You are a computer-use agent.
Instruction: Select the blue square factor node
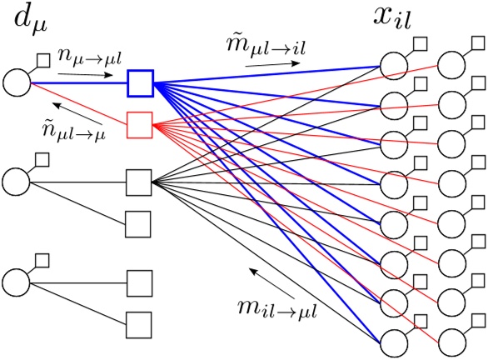tap(140, 83)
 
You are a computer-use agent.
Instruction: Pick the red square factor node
tap(140, 125)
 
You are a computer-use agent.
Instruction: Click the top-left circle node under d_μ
tap(17, 83)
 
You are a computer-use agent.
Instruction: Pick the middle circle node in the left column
tap(17, 181)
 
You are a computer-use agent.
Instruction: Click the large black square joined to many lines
tap(139, 181)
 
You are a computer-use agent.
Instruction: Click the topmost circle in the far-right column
tap(452, 65)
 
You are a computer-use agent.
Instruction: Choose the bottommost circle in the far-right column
tap(452, 341)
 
